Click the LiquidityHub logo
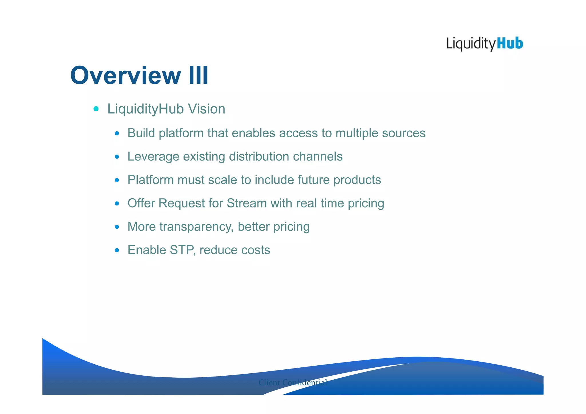pyautogui.click(x=485, y=44)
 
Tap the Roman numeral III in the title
pyautogui.click(x=198, y=76)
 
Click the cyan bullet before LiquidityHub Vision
pyautogui.click(x=96, y=109)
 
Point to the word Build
pyautogui.click(x=141, y=133)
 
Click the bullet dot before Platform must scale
pyautogui.click(x=117, y=180)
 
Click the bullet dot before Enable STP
pyautogui.click(x=117, y=250)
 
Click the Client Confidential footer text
pyautogui.click(x=292, y=383)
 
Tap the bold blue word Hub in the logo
pyautogui.click(x=510, y=43)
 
